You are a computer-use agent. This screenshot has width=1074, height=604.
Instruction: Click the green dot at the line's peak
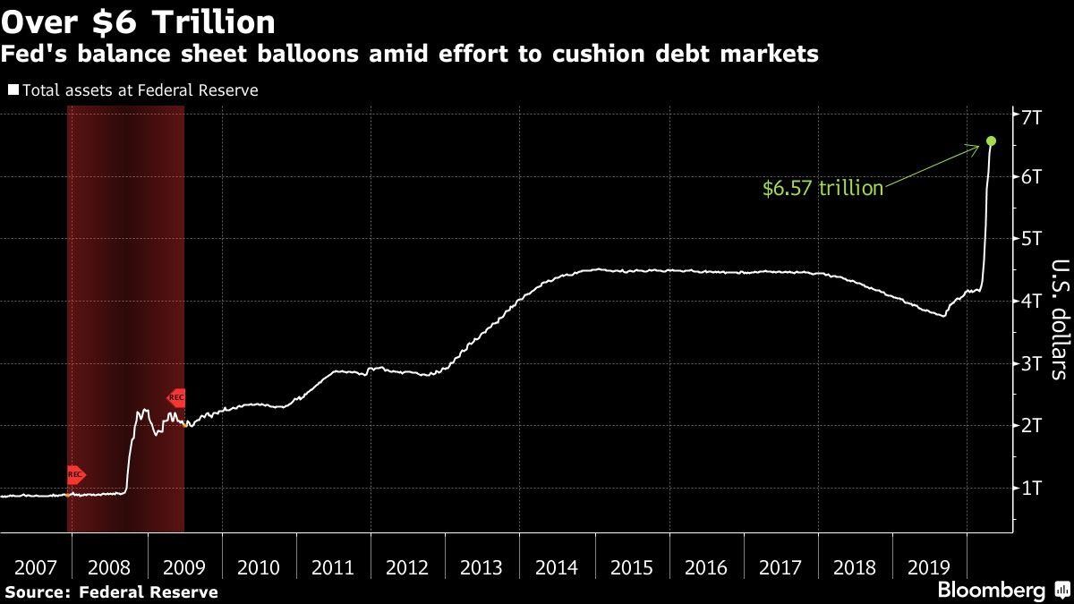click(x=991, y=140)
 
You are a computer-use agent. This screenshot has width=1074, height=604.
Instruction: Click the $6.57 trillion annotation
click(x=823, y=188)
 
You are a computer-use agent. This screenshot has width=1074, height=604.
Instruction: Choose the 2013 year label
click(x=482, y=568)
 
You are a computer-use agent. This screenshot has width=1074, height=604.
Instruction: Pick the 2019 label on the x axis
click(x=930, y=568)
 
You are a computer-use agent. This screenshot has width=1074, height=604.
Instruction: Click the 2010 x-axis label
click(x=258, y=568)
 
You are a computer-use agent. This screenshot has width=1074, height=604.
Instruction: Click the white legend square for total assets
click(x=13, y=89)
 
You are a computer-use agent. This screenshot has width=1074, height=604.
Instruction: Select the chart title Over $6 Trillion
click(x=138, y=21)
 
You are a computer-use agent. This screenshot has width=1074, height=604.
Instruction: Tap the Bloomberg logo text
click(x=991, y=590)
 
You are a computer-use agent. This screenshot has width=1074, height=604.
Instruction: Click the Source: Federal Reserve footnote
click(x=111, y=591)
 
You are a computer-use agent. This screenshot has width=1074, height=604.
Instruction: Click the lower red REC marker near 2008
click(x=76, y=475)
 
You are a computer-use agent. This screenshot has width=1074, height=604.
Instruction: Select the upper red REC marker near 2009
click(x=176, y=397)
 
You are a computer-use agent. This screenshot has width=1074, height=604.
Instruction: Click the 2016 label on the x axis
click(x=705, y=568)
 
